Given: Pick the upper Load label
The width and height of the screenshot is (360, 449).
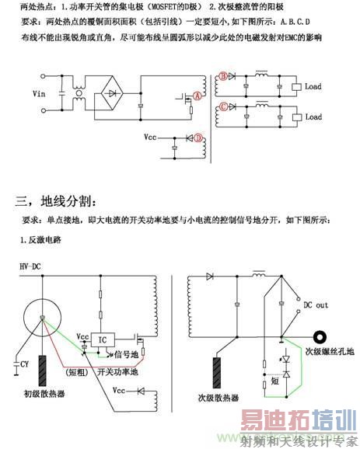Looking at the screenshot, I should coord(313,86).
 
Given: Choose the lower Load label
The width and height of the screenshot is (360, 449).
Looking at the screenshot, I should coord(313,117).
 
